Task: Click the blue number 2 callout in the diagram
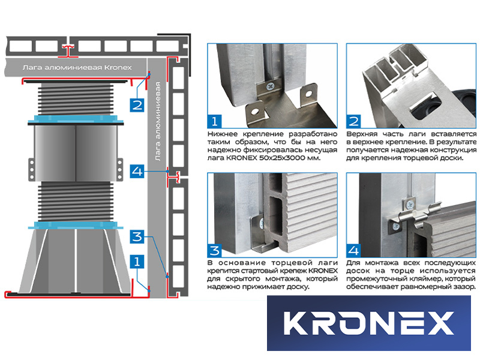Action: (137, 105)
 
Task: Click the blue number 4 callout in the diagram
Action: (137, 171)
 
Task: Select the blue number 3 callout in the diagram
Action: (137, 236)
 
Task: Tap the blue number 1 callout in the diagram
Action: (137, 262)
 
